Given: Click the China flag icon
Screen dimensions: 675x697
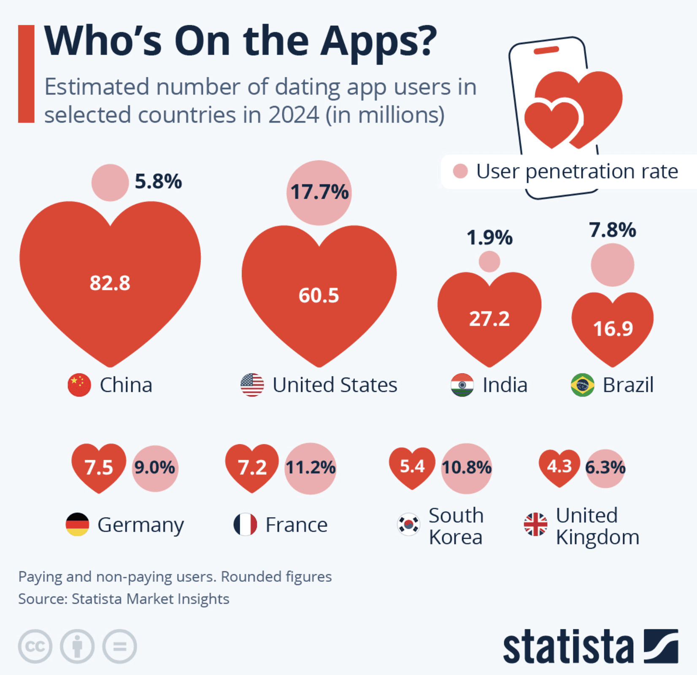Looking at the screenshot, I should pos(79,385).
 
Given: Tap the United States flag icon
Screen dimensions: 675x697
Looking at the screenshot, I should pos(252,385).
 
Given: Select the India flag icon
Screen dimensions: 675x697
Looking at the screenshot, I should pos(462,385).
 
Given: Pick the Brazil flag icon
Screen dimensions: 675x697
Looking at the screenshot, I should pos(582,385).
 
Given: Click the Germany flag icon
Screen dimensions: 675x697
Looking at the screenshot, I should pos(78,524).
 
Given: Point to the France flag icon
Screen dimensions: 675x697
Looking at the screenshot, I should pos(245,524).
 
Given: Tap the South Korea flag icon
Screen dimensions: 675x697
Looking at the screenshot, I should pos(408,524).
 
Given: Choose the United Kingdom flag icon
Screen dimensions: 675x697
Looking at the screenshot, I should pos(535,524).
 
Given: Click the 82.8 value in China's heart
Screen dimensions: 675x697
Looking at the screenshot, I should pos(110,283).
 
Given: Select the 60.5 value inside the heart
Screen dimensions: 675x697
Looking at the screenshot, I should pos(319,295).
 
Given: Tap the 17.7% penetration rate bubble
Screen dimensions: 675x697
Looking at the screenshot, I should pos(319,192).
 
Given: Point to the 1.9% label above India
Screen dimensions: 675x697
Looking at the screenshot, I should pos(489,238).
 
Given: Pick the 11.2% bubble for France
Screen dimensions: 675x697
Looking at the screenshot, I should pos(311,468).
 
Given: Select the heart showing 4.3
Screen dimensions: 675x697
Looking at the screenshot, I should pos(559,467).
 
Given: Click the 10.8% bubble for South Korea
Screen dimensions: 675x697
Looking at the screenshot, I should pos(467,468).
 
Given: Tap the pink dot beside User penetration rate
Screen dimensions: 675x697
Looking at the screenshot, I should pos(460,171).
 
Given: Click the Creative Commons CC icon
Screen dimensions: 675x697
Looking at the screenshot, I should pos(35,646).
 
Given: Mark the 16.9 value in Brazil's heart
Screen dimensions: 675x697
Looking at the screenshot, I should pos(613,329).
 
